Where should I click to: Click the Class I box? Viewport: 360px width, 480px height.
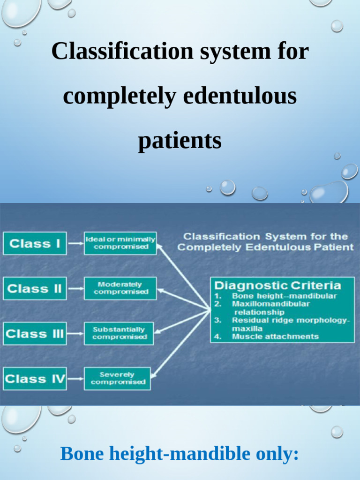click(x=35, y=244)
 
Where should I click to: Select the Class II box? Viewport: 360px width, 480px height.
click(x=35, y=288)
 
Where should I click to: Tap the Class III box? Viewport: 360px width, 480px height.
click(x=35, y=334)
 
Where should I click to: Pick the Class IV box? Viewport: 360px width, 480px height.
click(x=35, y=379)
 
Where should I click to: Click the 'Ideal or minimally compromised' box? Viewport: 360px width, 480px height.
click(x=120, y=243)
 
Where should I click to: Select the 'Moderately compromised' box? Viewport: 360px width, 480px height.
click(x=120, y=288)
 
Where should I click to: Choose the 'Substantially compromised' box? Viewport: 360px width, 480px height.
click(x=119, y=333)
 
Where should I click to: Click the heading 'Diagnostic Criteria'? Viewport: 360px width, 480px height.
click(x=277, y=285)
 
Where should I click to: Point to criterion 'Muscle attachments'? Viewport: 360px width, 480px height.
click(x=275, y=336)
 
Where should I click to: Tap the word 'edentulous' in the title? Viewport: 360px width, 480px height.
click(x=240, y=96)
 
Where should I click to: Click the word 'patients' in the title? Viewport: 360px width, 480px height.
click(x=180, y=141)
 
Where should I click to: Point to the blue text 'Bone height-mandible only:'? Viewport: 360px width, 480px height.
click(x=180, y=454)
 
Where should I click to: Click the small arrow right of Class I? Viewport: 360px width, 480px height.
click(x=75, y=244)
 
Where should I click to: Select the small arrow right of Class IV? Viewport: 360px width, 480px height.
click(x=75, y=379)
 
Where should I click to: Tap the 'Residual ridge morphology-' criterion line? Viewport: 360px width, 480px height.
click(x=291, y=320)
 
